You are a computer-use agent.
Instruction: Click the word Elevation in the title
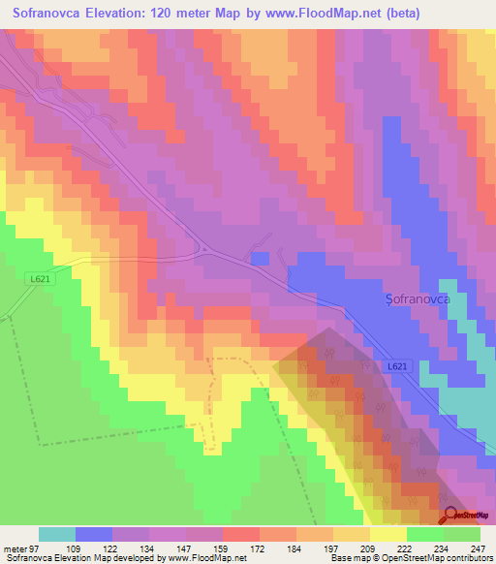[128, 14]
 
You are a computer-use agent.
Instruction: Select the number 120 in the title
[190, 14]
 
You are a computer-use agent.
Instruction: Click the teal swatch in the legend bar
[57, 534]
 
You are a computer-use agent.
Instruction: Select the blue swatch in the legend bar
[94, 534]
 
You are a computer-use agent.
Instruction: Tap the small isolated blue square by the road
[259, 258]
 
